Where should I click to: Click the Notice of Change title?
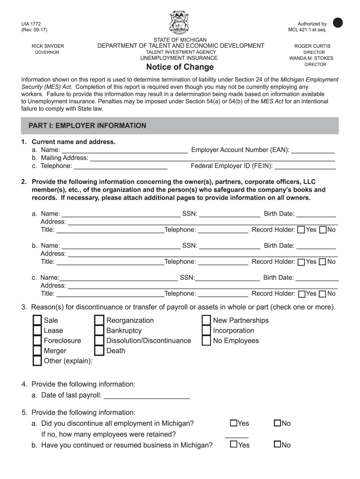[x=180, y=67]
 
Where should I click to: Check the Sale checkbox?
[x=37, y=320]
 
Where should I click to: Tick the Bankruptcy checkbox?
[x=99, y=331]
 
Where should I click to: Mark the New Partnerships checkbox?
[x=206, y=320]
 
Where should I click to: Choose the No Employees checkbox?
[x=206, y=341]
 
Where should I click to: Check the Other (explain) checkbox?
[x=37, y=361]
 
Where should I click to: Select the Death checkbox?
[x=99, y=351]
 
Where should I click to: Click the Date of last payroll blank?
[x=146, y=396]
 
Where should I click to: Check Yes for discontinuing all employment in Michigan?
[x=233, y=423]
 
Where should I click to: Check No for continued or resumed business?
[x=277, y=444]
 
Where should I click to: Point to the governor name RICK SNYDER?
[x=48, y=46]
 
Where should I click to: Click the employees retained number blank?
[x=237, y=435]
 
